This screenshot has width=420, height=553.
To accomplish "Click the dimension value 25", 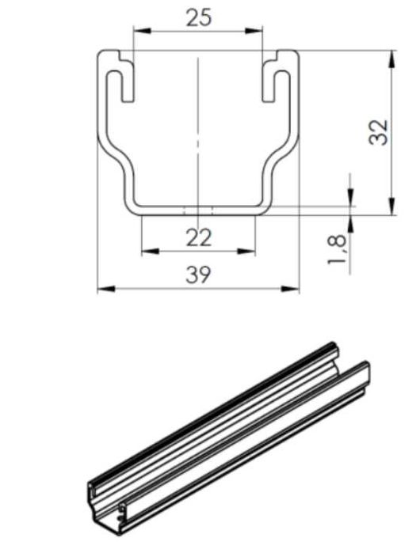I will [198, 17].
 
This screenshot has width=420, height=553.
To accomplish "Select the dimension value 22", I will [198, 237].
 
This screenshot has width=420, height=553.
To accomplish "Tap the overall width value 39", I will [198, 275].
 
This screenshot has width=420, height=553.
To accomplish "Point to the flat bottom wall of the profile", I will [198, 208].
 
